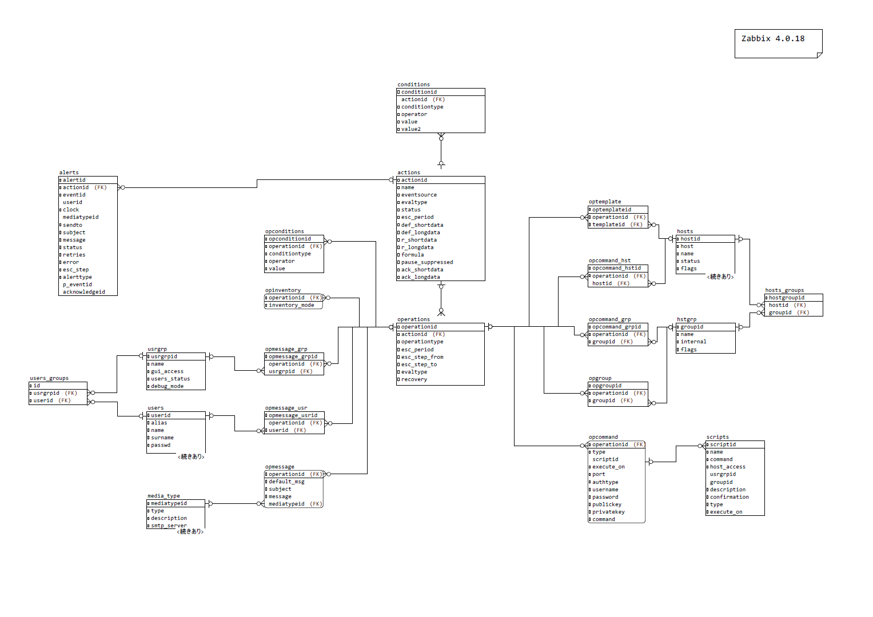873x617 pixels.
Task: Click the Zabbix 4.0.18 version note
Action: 772,39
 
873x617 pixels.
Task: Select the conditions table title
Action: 413,85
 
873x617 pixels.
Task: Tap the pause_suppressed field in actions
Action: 426,262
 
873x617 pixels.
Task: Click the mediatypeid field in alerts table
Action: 81,217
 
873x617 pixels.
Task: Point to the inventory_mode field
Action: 291,305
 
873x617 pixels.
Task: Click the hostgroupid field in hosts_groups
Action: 786,298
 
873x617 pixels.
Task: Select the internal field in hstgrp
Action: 693,342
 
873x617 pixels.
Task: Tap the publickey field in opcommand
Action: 607,504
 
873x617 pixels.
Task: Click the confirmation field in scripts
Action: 729,497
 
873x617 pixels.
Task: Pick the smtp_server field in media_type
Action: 169,526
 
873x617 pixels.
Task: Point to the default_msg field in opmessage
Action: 286,482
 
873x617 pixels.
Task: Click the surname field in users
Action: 162,438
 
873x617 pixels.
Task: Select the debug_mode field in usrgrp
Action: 167,386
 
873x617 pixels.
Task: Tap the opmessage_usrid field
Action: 293,415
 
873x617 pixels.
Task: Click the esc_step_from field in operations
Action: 422,357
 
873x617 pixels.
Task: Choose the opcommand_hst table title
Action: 609,261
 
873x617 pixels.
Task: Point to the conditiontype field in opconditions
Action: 290,254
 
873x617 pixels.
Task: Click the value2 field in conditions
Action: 410,129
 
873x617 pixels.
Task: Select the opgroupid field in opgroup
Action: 607,386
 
